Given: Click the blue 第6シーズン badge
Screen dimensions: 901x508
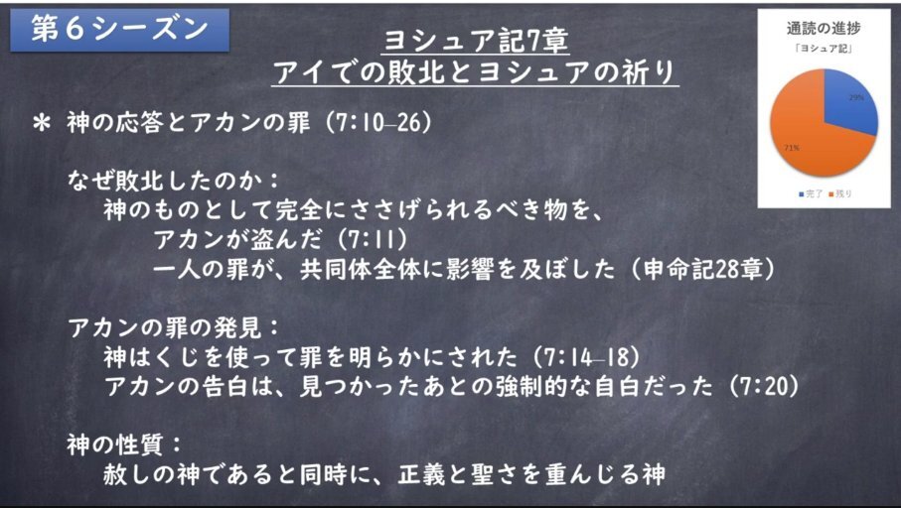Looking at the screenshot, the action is click(x=119, y=30).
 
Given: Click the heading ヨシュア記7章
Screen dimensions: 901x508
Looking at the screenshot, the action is click(x=475, y=41).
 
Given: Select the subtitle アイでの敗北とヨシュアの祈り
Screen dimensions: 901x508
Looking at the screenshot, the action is click(x=475, y=72).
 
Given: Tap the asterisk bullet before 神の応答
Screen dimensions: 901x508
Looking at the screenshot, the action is click(x=42, y=124).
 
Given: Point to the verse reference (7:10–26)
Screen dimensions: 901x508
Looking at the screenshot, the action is click(x=378, y=123).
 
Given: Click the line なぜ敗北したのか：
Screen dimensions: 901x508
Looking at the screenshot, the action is click(x=174, y=182).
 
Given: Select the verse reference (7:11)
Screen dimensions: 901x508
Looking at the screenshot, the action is click(x=373, y=240).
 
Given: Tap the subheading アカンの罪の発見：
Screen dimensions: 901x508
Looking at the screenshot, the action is click(x=174, y=328).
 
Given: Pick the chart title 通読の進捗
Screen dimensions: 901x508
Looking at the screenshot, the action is click(x=824, y=28).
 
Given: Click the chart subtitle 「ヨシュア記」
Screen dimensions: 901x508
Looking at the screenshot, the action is click(x=824, y=49).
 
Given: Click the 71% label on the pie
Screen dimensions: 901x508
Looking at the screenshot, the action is click(x=792, y=148).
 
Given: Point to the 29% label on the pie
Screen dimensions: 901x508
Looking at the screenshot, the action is click(x=856, y=97).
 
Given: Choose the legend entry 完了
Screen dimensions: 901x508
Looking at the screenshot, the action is click(x=811, y=194).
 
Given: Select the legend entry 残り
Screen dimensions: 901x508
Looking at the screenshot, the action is click(x=840, y=194).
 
